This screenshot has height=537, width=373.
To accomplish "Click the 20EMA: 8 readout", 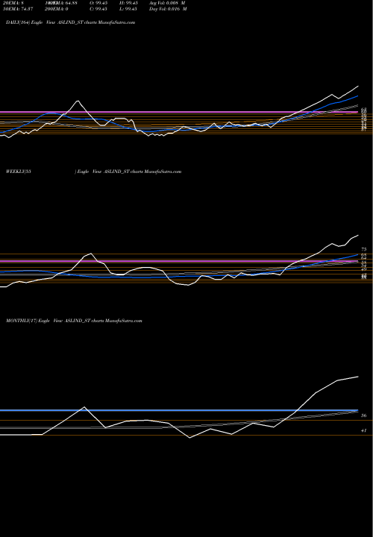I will [x=16, y=4].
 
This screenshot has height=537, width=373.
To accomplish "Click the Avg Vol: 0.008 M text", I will [x=185, y=4].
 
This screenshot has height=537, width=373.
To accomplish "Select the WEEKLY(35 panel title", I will [x=16, y=172].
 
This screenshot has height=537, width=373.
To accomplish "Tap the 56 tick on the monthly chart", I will [x=363, y=415].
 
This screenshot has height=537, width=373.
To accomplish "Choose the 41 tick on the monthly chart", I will [x=363, y=431].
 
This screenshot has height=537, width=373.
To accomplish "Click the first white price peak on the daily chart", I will [x=77, y=101].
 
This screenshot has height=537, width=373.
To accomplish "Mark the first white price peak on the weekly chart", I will [x=90, y=253].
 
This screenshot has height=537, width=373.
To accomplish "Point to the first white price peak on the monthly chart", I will [x=84, y=407].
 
